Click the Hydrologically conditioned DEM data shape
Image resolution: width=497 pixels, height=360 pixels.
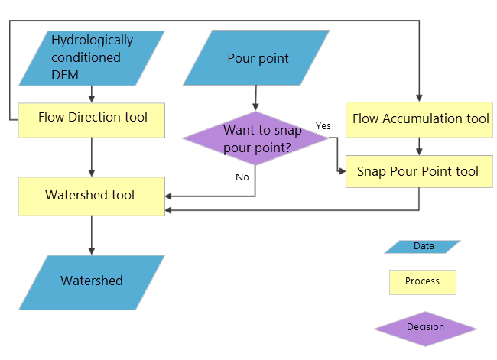coord(92,58)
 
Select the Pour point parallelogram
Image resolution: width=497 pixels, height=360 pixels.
coord(258,58)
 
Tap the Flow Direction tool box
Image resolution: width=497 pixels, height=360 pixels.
coord(92,118)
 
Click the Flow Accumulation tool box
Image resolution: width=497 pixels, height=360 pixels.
coord(419,119)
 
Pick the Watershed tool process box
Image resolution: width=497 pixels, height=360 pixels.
coord(92,196)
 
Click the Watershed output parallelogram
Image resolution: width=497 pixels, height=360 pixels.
coord(92,281)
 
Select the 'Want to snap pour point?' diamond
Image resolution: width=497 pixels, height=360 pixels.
coord(256,138)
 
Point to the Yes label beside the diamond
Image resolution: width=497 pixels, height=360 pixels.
coord(323,125)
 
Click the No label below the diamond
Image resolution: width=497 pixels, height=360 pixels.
coord(242,177)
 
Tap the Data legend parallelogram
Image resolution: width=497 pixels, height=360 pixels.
coord(423,246)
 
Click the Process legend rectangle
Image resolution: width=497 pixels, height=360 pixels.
coord(423,281)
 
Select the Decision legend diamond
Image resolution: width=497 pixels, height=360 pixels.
coord(425,327)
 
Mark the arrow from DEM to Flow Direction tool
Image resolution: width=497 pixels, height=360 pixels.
coord(92,94)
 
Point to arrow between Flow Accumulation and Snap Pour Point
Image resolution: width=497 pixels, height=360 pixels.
coord(419,147)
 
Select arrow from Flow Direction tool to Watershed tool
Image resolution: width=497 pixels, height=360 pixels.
coord(92,157)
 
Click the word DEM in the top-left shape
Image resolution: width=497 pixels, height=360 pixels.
coord(65,74)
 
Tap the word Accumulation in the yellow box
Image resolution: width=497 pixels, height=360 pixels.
coord(424,119)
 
